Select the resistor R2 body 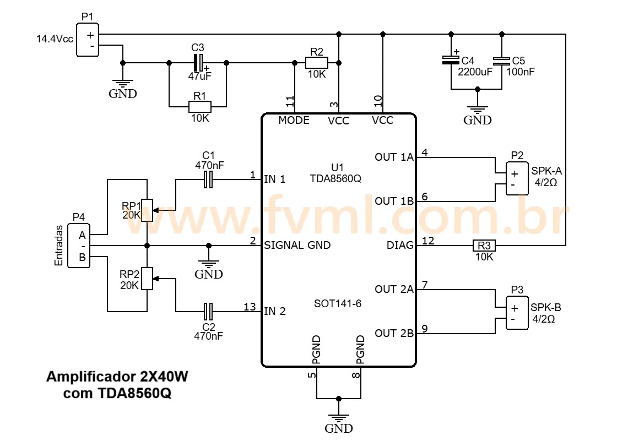pyautogui.click(x=316, y=63)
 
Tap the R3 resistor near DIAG pyautogui.click(x=484, y=245)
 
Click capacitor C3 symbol pyautogui.click(x=198, y=62)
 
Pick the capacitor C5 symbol pyautogui.click(x=501, y=61)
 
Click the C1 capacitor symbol pyautogui.click(x=208, y=179)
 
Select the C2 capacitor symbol pyautogui.click(x=208, y=312)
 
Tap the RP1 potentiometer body pyautogui.click(x=147, y=210)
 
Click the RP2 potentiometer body pyautogui.click(x=147, y=279)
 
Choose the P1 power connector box pyautogui.click(x=87, y=40)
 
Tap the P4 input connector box pyautogui.click(x=79, y=246)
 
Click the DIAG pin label pyautogui.click(x=402, y=246)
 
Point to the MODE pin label pyautogui.click(x=294, y=120)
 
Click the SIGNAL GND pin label pyautogui.click(x=297, y=246)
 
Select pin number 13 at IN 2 pyautogui.click(x=250, y=307)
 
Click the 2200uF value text pyautogui.click(x=475, y=72)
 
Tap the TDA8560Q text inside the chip pyautogui.click(x=335, y=178)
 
